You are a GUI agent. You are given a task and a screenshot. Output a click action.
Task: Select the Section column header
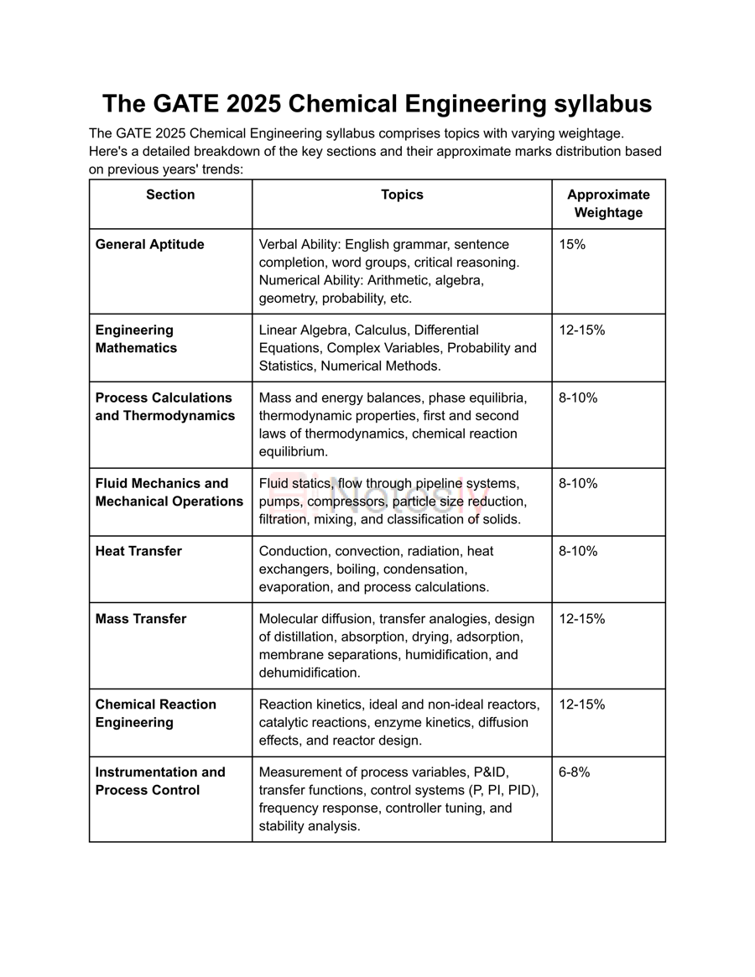click(x=170, y=195)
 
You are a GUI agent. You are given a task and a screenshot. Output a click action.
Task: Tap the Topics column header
click(x=402, y=195)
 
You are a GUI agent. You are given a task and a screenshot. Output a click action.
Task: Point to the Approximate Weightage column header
click(x=608, y=204)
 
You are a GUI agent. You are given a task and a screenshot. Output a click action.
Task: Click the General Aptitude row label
click(x=149, y=245)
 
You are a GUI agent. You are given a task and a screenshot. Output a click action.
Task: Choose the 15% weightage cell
click(x=572, y=245)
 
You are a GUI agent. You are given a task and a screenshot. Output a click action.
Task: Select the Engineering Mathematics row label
click(x=136, y=339)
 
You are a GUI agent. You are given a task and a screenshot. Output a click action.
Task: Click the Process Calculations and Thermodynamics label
click(x=164, y=407)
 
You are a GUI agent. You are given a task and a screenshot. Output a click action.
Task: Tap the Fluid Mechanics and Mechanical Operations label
click(x=169, y=492)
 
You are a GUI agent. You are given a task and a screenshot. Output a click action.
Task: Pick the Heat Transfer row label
click(x=138, y=551)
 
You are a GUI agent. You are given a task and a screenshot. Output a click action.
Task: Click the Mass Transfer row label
click(x=141, y=619)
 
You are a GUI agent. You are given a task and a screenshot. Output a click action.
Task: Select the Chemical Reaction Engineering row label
click(x=155, y=713)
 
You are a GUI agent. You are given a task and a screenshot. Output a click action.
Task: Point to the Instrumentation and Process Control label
click(x=159, y=781)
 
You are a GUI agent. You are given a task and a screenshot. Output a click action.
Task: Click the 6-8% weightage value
click(x=575, y=772)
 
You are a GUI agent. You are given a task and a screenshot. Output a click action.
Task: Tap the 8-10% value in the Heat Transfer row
click(x=578, y=551)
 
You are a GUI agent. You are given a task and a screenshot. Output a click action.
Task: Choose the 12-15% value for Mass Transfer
click(x=581, y=619)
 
